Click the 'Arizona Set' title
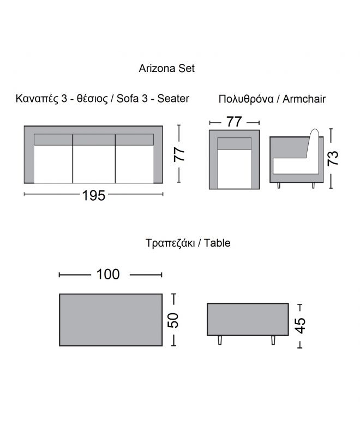(166, 68)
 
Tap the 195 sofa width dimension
(93, 195)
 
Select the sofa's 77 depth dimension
(179, 154)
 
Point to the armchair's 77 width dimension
(234, 122)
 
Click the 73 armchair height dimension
(333, 158)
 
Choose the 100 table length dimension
(108, 274)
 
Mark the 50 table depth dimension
(173, 320)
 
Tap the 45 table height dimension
(300, 326)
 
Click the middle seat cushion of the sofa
(94, 164)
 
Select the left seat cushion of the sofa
(53, 164)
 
